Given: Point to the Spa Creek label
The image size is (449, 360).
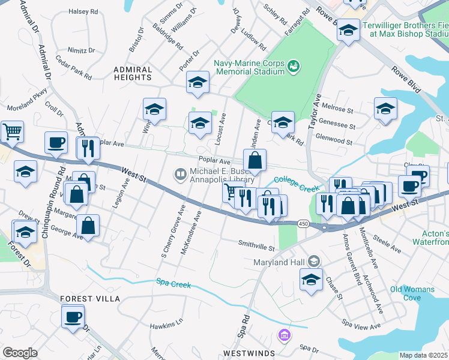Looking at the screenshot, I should pyautogui.click(x=173, y=282).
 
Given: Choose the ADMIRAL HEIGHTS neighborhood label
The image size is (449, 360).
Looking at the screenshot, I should pyautogui.click(x=133, y=74).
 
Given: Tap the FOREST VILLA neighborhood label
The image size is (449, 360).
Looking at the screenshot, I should pyautogui.click(x=90, y=298).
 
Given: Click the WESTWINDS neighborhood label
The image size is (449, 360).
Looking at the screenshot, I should pyautogui.click(x=249, y=353).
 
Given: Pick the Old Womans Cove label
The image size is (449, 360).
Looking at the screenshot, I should pyautogui.click(x=412, y=293).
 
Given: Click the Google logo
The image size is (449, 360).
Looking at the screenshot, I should pyautogui.click(x=20, y=353).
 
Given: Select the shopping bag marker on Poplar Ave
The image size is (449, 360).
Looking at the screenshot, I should pyautogui.click(x=255, y=160).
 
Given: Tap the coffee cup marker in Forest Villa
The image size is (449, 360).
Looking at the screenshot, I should pyautogui.click(x=73, y=316).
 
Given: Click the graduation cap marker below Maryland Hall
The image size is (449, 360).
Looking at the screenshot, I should pyautogui.click(x=310, y=280).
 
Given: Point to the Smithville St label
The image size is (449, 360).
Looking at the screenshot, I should pyautogui.click(x=256, y=247).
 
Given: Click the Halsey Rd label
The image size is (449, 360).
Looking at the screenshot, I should pyautogui.click(x=83, y=11).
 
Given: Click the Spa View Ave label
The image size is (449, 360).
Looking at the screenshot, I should pyautogui.click(x=361, y=325).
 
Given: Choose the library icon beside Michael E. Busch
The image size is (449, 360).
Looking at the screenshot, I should pyautogui.click(x=179, y=175).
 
